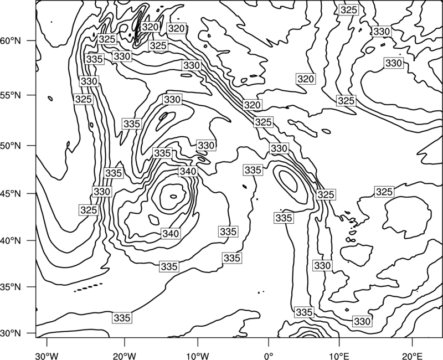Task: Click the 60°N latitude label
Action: pyautogui.click(x=11, y=41)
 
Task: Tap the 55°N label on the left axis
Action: pyautogui.click(x=11, y=95)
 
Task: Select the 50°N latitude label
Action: pyautogui.click(x=11, y=146)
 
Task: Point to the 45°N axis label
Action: pyautogui.click(x=11, y=193)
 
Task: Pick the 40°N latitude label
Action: pyautogui.click(x=11, y=241)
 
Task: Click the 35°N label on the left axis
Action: pyautogui.click(x=11, y=287)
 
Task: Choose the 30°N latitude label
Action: pyautogui.click(x=11, y=333)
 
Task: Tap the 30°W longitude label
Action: pyautogui.click(x=47, y=356)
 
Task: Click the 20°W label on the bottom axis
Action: pyautogui.click(x=125, y=356)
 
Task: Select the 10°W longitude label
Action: pyautogui.click(x=197, y=356)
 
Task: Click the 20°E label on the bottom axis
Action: pyautogui.click(x=412, y=356)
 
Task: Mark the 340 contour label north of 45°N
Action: pyautogui.click(x=188, y=171)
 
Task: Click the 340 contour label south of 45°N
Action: pyautogui.click(x=171, y=234)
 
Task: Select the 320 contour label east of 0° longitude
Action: pyautogui.click(x=306, y=79)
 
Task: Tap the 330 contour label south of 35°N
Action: pyautogui.click(x=362, y=321)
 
